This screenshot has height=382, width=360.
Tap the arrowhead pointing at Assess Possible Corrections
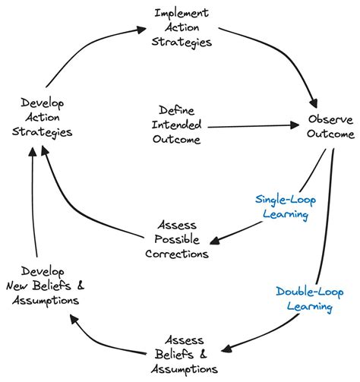pos(214,242)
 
